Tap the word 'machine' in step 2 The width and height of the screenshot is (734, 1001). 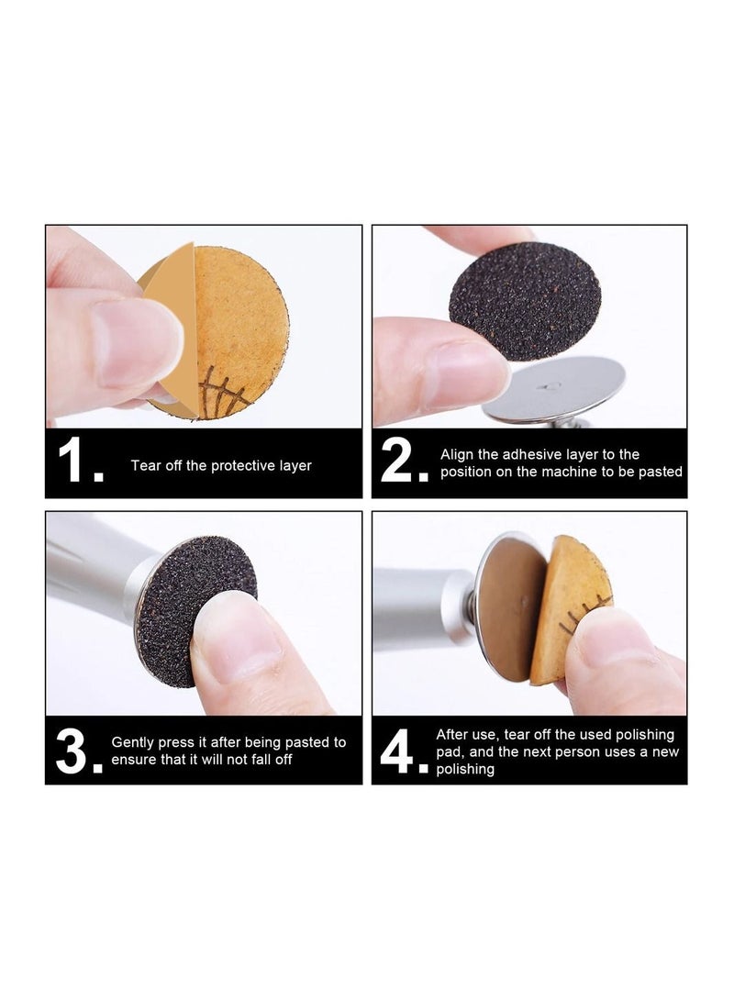[x=574, y=472]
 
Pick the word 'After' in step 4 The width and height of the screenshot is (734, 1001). [x=453, y=735]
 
